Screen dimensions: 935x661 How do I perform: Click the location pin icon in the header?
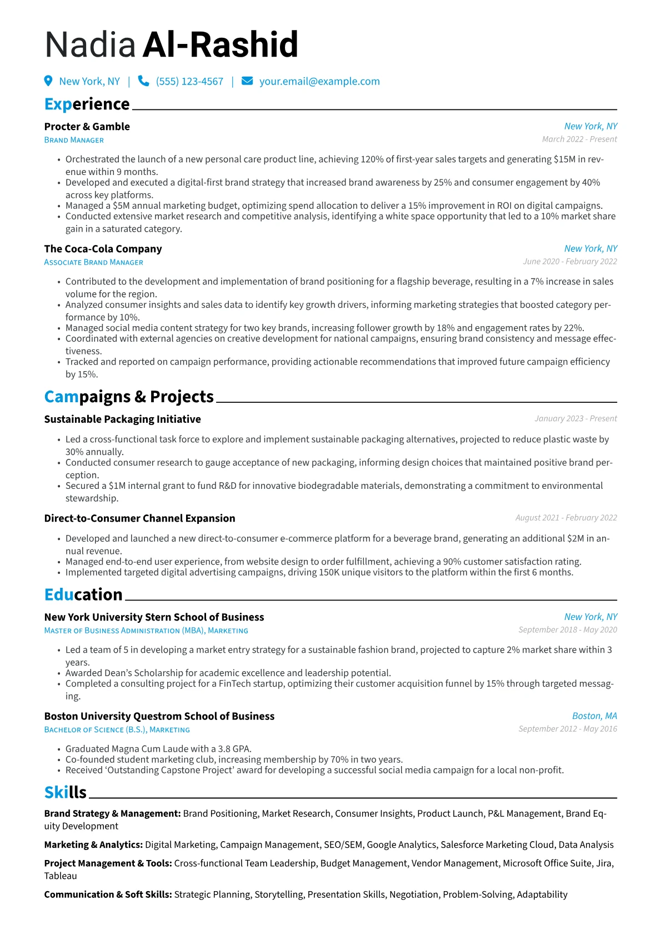[x=48, y=81]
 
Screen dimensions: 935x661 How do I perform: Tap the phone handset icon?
[x=143, y=81]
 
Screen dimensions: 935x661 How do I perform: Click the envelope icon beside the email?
[x=247, y=81]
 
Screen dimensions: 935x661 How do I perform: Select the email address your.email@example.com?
[x=319, y=82]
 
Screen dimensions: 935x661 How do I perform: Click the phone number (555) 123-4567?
[x=189, y=82]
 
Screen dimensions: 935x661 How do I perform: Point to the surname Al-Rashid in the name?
[x=221, y=44]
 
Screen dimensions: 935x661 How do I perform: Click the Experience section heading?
[x=87, y=104]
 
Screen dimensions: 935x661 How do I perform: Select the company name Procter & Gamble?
[x=87, y=127]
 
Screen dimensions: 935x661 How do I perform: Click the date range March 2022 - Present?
[x=579, y=139]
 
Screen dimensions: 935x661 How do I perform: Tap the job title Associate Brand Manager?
[x=94, y=262]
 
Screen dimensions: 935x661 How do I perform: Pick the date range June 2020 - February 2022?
[x=570, y=262]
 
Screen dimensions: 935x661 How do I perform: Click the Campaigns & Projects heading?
[x=129, y=397]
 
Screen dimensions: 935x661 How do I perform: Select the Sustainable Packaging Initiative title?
[x=123, y=419]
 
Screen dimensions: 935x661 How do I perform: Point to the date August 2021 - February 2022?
[x=566, y=518]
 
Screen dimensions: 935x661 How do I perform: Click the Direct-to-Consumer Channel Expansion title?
[x=140, y=518]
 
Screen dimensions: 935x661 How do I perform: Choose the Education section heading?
[x=83, y=594]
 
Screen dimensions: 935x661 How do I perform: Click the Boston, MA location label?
[x=594, y=716]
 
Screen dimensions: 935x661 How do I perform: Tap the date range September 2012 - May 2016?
[x=568, y=729]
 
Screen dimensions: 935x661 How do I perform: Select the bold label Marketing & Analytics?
[x=93, y=844]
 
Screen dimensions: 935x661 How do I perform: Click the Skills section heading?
[x=66, y=792]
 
